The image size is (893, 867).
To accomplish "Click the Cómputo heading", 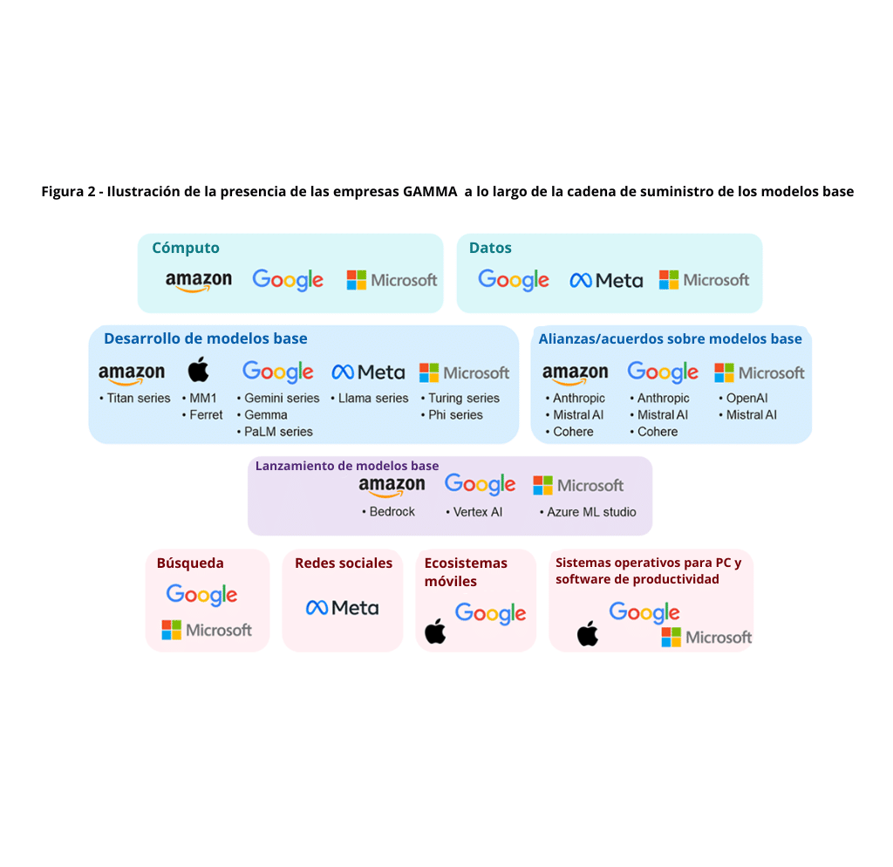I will click(x=186, y=248).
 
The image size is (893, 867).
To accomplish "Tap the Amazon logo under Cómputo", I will click(x=199, y=281).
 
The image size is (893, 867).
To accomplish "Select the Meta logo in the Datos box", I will click(x=606, y=280).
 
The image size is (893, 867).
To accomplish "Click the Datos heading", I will click(x=490, y=248).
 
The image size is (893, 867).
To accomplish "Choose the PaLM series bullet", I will click(x=278, y=432).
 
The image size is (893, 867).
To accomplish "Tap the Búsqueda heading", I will click(x=190, y=563).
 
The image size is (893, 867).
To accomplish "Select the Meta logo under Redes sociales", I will click(x=342, y=608).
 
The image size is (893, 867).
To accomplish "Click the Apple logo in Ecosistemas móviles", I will click(x=435, y=631).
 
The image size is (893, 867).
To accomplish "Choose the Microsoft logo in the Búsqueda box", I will click(x=207, y=630).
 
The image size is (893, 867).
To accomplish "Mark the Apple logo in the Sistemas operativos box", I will click(x=588, y=634).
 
